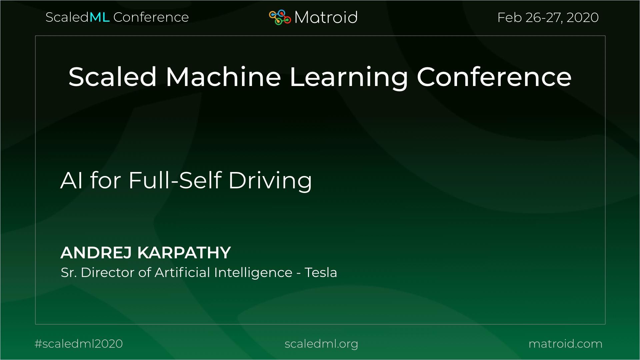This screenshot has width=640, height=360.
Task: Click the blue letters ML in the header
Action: coord(99,17)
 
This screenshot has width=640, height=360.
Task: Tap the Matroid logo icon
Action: coord(280,17)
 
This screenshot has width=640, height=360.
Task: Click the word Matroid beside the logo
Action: coord(326,17)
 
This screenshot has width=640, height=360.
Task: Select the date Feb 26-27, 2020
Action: coord(548,17)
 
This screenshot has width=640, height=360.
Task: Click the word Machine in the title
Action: coord(223,77)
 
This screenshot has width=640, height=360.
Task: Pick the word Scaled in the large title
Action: coord(112,77)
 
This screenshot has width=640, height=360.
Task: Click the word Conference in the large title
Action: coord(494,77)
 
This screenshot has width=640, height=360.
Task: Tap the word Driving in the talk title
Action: coord(270,181)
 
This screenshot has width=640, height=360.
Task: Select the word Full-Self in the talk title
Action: coord(175,180)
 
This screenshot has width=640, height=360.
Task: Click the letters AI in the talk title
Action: coord(71,180)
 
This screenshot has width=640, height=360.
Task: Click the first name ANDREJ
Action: coord(96,253)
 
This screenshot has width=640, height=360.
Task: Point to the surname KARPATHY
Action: coord(184,253)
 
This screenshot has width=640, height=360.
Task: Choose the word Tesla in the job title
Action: coord(321,273)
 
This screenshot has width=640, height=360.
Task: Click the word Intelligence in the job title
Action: coord(253,273)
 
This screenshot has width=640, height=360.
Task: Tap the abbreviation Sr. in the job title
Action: coord(68,273)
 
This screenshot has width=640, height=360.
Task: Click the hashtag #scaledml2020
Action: coord(79,344)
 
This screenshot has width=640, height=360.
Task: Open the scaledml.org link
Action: coord(321,344)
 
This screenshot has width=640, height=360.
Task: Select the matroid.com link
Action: coord(565,344)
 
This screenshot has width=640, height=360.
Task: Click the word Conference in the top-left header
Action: coord(151,17)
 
